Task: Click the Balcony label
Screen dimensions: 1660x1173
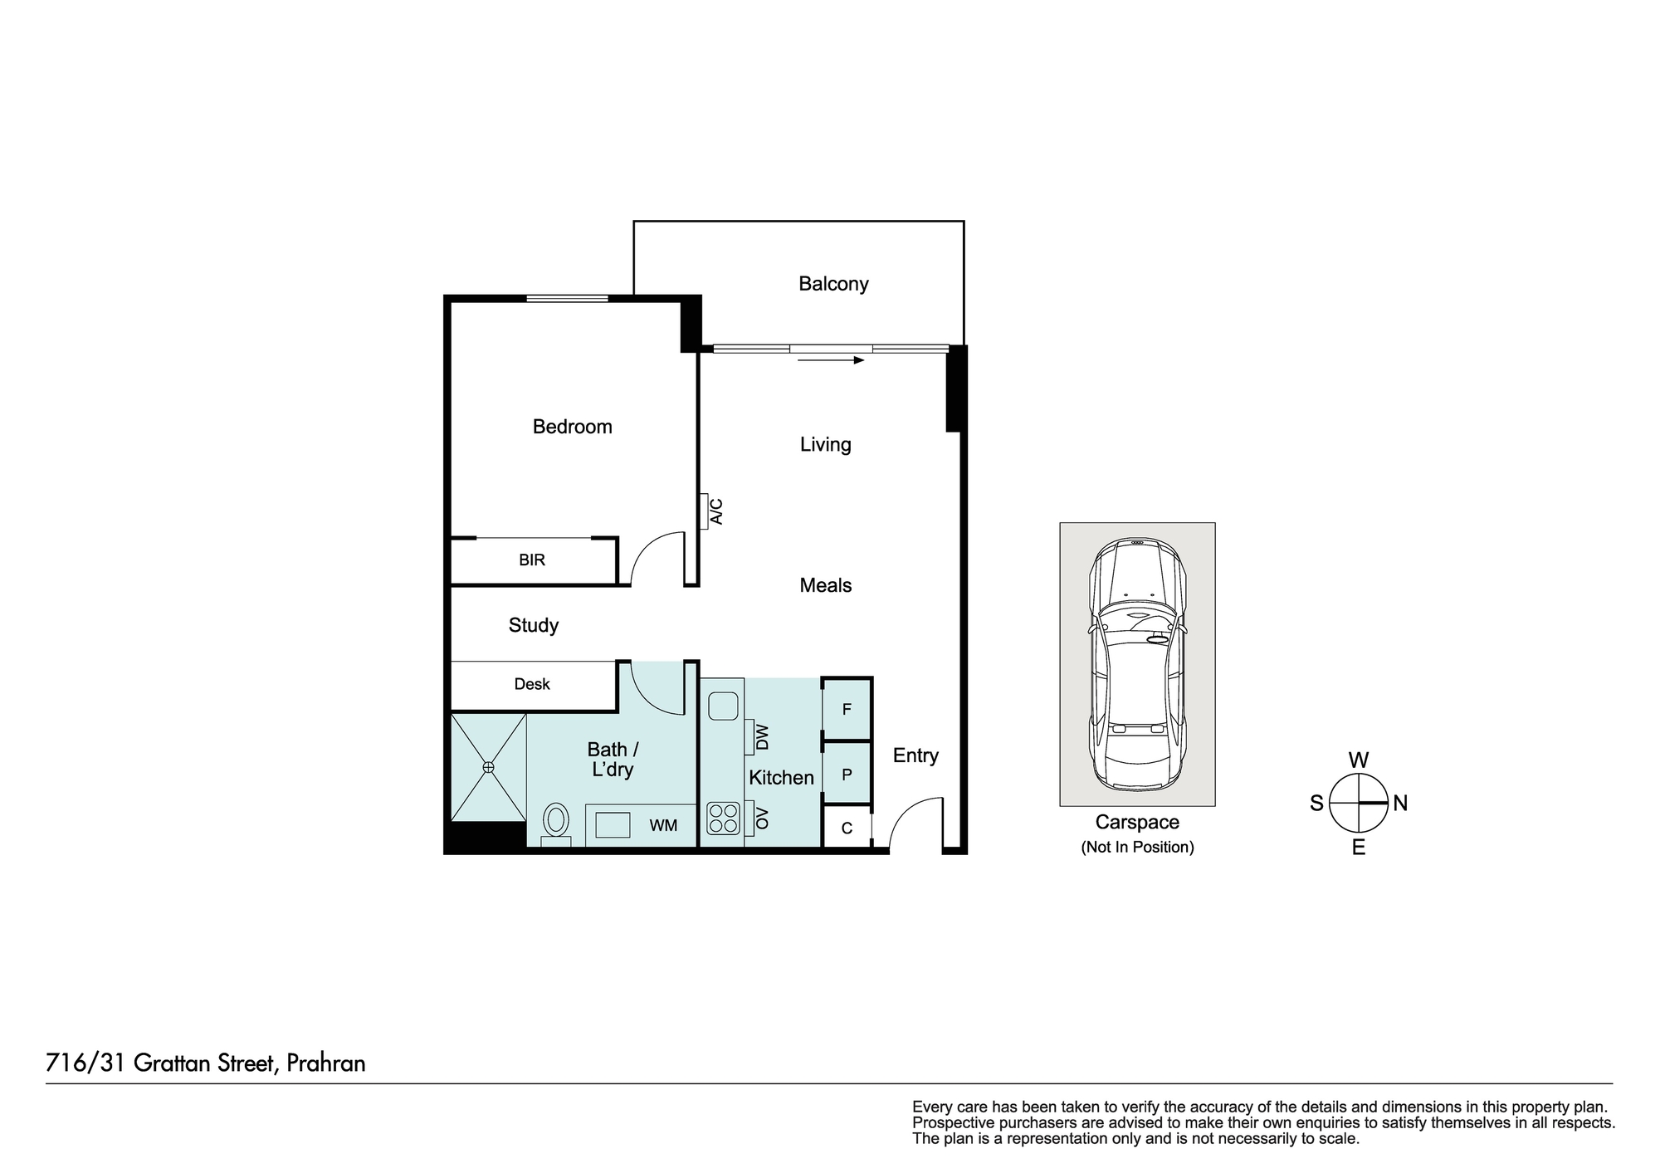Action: [x=833, y=284]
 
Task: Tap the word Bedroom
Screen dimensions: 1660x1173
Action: [x=572, y=427]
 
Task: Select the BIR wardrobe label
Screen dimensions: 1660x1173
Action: [x=532, y=560]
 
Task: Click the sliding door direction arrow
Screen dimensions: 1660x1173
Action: [x=831, y=360]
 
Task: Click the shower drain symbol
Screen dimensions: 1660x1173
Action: [x=489, y=767]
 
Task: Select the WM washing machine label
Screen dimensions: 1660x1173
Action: [x=663, y=826]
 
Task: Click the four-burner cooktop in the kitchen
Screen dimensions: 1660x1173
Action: [x=723, y=818]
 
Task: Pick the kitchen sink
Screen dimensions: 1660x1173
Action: [x=724, y=706]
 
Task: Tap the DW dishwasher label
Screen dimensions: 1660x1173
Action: [x=763, y=737]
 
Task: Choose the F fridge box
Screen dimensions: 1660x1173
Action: [x=847, y=709]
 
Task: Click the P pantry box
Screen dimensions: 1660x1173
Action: [x=847, y=775]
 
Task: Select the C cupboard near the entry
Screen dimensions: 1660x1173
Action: [x=847, y=828]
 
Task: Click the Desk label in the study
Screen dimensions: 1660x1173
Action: [x=532, y=684]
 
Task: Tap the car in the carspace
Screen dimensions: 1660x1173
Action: [x=1137, y=664]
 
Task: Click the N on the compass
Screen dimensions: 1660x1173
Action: [x=1400, y=804]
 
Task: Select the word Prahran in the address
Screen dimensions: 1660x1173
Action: [x=326, y=1063]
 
